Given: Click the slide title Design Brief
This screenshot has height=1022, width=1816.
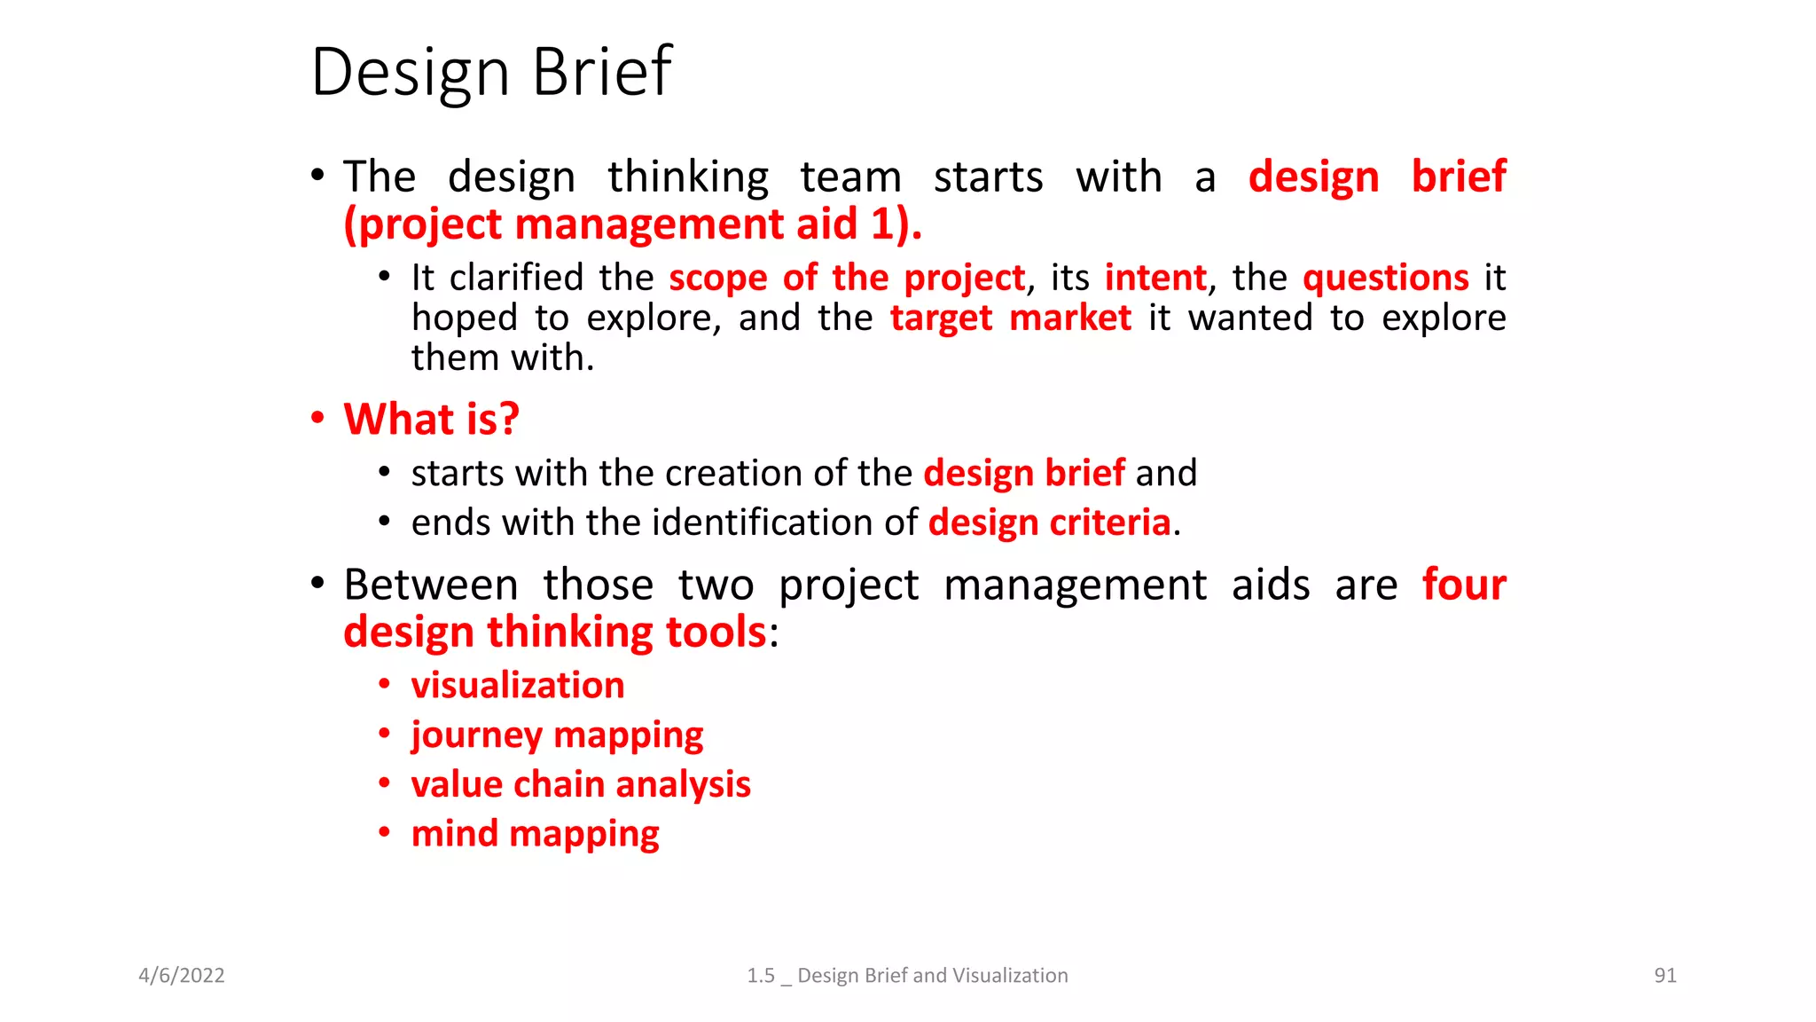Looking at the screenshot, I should point(491,72).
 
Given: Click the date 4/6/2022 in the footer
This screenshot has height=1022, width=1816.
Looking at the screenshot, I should point(182,975).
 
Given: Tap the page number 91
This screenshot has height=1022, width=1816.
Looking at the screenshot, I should point(1665,975).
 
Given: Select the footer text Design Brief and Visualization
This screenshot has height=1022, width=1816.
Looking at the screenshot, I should point(932,975).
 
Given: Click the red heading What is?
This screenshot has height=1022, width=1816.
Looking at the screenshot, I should point(431,419).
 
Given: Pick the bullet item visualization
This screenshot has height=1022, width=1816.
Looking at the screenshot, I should point(518,686).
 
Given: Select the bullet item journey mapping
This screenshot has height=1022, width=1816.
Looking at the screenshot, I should point(557,735).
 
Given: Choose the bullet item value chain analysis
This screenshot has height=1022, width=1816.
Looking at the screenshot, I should point(581,784).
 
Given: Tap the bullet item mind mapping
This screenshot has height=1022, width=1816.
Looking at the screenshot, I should point(535,834).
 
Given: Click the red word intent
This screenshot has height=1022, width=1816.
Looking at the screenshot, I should point(1155,278).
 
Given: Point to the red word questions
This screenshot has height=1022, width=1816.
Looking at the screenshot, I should point(1385,278).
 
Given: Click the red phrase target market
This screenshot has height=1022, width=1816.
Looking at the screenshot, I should point(1010,318).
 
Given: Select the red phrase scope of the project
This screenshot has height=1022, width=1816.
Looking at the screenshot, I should point(846,278).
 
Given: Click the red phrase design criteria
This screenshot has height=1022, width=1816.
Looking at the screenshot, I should point(1049,523).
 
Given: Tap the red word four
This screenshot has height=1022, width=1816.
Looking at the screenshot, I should point(1463,585).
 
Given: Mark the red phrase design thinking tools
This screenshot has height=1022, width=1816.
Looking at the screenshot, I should point(554,633).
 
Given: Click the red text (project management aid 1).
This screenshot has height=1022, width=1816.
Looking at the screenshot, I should point(632,224).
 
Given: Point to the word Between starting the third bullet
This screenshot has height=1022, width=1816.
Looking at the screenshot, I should point(431,585).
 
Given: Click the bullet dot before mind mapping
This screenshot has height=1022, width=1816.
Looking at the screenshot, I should point(384,832).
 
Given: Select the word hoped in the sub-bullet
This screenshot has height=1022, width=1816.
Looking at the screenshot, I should point(464,318).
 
